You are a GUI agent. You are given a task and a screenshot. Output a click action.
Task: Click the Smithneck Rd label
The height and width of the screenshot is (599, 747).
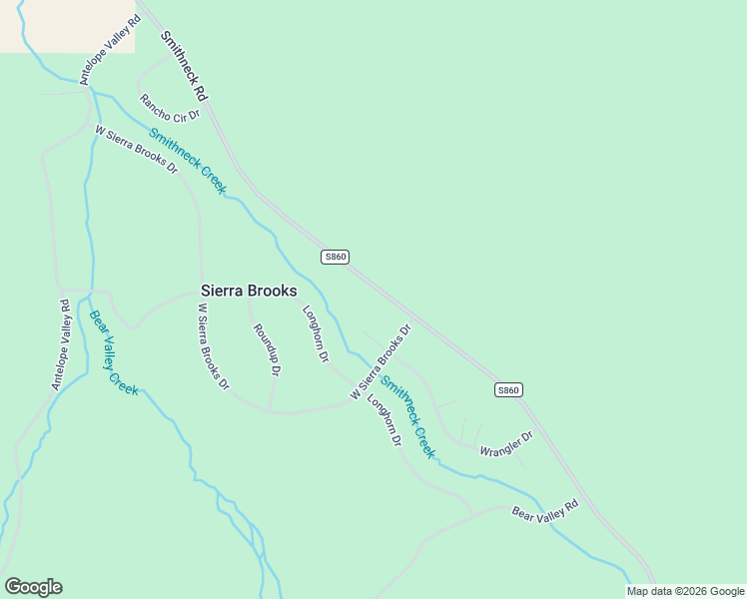(x=184, y=66)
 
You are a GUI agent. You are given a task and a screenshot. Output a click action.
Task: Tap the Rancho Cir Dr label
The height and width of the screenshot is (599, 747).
(x=170, y=106)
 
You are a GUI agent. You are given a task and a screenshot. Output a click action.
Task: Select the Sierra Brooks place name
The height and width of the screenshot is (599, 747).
(x=249, y=291)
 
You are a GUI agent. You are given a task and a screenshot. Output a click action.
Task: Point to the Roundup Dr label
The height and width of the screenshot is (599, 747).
(x=266, y=349)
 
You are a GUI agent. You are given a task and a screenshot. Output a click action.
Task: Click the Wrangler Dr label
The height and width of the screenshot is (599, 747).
(x=506, y=443)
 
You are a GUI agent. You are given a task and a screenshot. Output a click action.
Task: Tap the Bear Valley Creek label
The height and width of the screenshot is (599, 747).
(x=113, y=352)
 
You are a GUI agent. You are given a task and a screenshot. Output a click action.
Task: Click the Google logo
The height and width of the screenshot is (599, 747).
(x=33, y=587)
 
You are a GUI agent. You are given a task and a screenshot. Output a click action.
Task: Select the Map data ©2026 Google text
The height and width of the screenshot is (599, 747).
(x=686, y=591)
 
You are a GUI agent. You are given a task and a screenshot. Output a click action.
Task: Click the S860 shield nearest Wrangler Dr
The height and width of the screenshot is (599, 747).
(x=508, y=389)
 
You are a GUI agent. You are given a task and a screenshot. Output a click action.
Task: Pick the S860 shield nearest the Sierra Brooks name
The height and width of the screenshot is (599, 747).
(x=335, y=257)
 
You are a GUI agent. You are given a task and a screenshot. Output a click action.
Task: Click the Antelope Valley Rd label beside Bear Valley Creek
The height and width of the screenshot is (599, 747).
(x=63, y=344)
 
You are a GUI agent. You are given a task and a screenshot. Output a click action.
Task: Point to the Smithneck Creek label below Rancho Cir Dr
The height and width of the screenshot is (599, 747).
(x=188, y=161)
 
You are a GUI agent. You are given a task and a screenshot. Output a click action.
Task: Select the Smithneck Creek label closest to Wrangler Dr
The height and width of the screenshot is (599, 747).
(x=407, y=416)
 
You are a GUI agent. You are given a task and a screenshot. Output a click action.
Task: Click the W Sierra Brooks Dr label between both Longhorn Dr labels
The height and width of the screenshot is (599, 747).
(x=380, y=362)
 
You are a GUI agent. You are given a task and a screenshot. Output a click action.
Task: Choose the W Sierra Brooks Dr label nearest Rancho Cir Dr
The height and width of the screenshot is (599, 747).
(x=136, y=150)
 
